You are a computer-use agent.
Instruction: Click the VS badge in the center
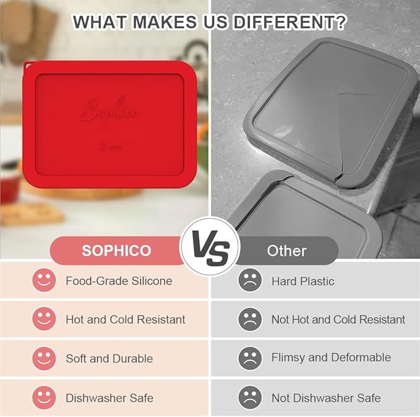(x=210, y=248)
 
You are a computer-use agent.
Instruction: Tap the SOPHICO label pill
(x=116, y=251)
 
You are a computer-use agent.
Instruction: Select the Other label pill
(x=286, y=251)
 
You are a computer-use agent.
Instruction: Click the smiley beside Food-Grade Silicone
(x=44, y=281)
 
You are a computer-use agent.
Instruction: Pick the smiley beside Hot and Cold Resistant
(x=44, y=319)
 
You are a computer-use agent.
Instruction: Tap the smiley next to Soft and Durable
(x=44, y=358)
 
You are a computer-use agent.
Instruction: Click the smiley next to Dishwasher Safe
(x=44, y=398)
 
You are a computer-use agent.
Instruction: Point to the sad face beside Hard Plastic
(x=250, y=281)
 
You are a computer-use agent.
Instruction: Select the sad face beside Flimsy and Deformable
(x=250, y=358)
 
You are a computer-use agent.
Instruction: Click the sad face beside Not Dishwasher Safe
(x=250, y=398)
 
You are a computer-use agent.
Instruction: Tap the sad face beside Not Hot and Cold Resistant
(x=250, y=319)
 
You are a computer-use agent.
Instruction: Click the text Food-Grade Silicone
(x=119, y=281)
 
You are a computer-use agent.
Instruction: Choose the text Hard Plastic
(x=302, y=282)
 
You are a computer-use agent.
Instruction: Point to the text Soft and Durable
(x=109, y=359)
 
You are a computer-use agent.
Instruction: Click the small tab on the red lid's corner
(x=28, y=64)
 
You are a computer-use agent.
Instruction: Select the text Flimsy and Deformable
(x=331, y=358)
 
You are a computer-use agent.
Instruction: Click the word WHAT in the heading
(x=98, y=22)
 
